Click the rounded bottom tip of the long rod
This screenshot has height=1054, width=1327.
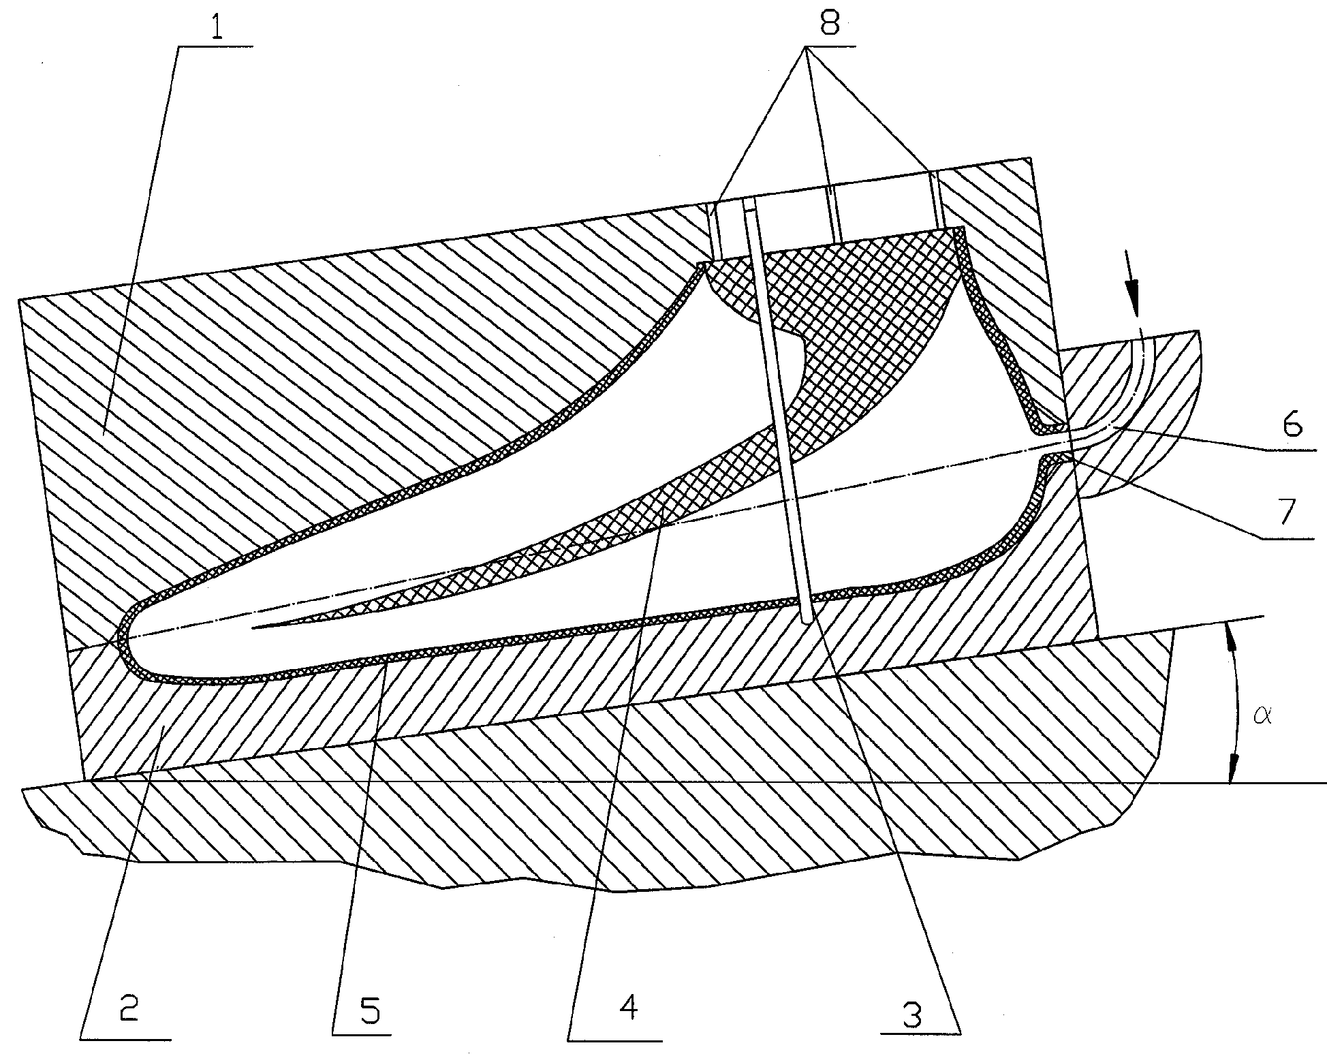(x=808, y=620)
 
